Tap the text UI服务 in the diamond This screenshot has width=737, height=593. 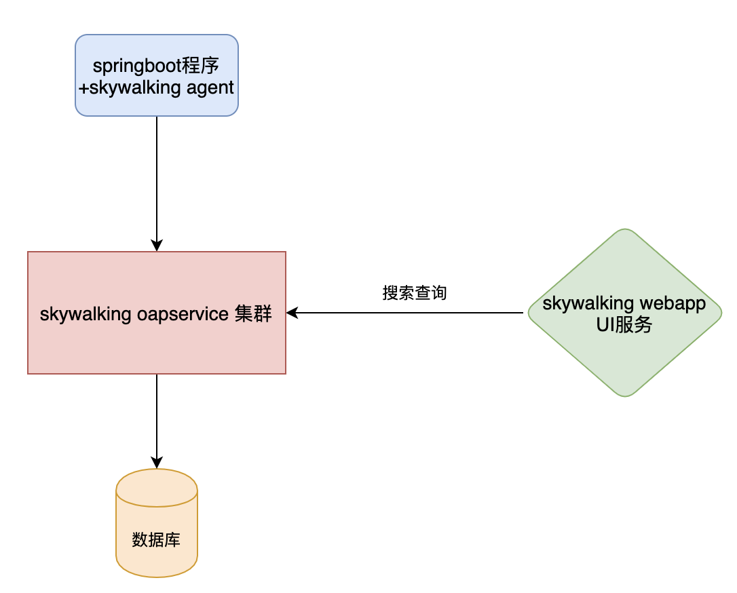pos(624,325)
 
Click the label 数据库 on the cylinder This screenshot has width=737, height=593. pos(156,540)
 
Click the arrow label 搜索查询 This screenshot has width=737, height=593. pos(415,293)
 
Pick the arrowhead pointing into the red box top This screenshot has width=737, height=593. pos(157,246)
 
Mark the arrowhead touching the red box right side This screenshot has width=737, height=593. pos(292,313)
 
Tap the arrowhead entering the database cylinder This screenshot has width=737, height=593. pos(157,463)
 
